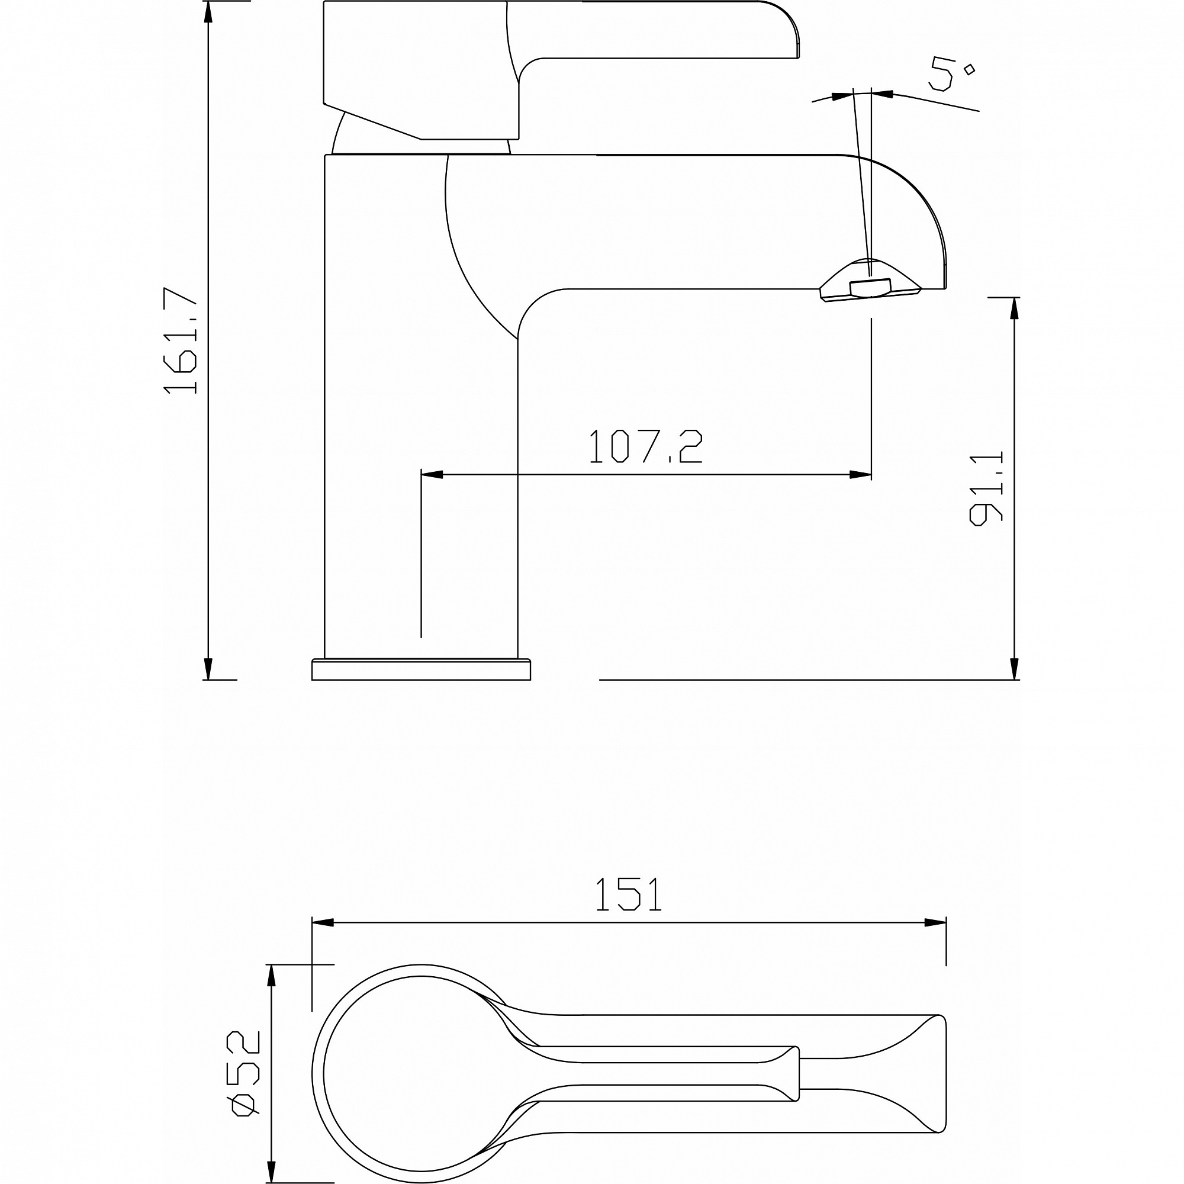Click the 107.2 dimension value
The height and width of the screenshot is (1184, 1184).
(645, 446)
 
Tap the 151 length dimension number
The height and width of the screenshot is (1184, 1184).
(629, 895)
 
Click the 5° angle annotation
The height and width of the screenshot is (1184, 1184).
(950, 74)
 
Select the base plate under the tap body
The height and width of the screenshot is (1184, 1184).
(421, 669)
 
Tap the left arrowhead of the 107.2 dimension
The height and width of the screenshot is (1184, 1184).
(432, 475)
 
